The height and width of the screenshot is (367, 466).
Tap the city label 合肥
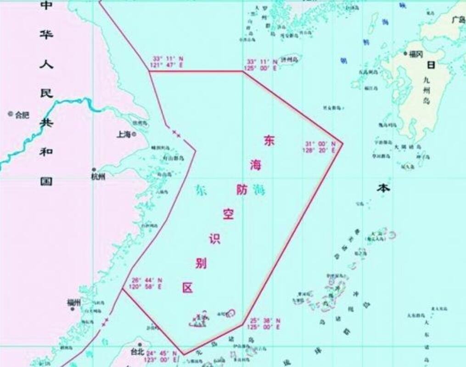[22, 115]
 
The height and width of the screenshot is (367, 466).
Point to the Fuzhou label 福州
[73, 302]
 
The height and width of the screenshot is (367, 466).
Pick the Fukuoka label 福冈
[416, 54]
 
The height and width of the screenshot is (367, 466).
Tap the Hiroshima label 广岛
[458, 20]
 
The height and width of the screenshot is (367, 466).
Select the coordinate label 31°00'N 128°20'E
[319, 146]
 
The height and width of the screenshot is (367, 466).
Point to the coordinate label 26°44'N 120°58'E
[147, 283]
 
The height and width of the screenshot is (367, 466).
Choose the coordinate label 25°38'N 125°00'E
[265, 323]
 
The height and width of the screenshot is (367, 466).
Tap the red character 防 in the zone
[242, 189]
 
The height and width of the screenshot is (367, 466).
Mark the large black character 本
[383, 188]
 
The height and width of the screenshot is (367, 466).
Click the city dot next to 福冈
[405, 54]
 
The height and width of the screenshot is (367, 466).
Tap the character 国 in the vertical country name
[46, 181]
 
